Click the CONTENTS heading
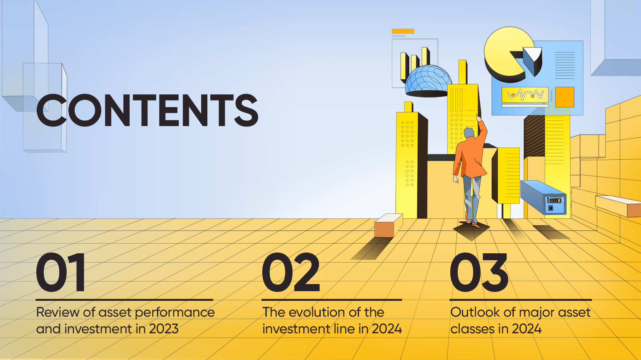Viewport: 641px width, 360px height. point(147,110)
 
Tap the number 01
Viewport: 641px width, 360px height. point(60,272)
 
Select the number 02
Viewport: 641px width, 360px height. point(291,272)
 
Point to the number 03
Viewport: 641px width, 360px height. point(479,272)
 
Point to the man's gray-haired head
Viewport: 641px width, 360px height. point(469,133)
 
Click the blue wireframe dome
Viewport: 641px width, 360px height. point(428,81)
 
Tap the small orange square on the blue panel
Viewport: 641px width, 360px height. point(564,97)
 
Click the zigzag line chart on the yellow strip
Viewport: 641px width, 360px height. point(525,94)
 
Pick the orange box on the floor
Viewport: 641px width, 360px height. point(389,225)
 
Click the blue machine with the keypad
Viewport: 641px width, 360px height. point(543,197)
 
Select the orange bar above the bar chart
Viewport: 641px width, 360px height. point(403,31)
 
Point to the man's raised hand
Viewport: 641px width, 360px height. point(478,118)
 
